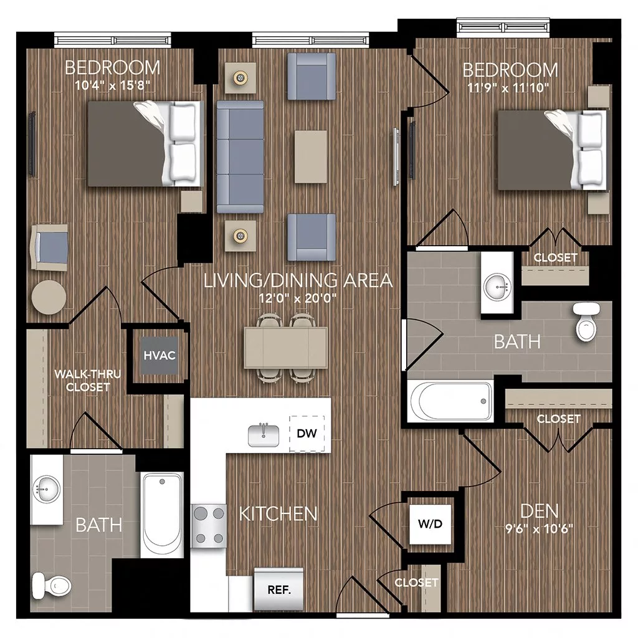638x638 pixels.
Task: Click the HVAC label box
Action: [158, 356]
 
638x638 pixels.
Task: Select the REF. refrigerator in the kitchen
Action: [279, 589]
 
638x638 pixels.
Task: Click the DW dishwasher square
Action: [307, 433]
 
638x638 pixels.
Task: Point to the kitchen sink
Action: [264, 434]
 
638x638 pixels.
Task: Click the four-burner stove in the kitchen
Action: [209, 525]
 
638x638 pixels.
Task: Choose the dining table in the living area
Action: [286, 348]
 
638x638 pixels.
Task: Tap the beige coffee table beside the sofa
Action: [311, 156]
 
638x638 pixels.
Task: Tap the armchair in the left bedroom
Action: [50, 246]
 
